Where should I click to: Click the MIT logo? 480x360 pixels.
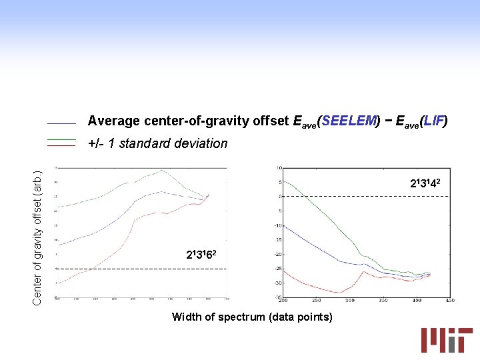pos(446,339)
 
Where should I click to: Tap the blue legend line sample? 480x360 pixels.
pos(61,123)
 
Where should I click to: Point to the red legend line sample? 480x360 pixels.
pos(61,145)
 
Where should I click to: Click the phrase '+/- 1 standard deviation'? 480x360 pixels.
pos(157,143)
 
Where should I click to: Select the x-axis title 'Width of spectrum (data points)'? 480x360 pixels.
pos(252,317)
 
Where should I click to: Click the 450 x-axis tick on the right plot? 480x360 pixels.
pos(449,301)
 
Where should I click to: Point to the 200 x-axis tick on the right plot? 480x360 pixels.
pos(284,301)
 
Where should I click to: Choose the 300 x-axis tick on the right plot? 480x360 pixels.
pos(350,301)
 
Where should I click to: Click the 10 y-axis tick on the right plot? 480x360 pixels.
pos(279,167)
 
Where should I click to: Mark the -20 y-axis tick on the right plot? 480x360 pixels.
pos(277,254)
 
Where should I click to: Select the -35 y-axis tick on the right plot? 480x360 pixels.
pos(277,297)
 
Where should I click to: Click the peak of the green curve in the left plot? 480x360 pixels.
pos(163,171)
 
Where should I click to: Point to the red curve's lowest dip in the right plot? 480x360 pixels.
pos(339,292)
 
